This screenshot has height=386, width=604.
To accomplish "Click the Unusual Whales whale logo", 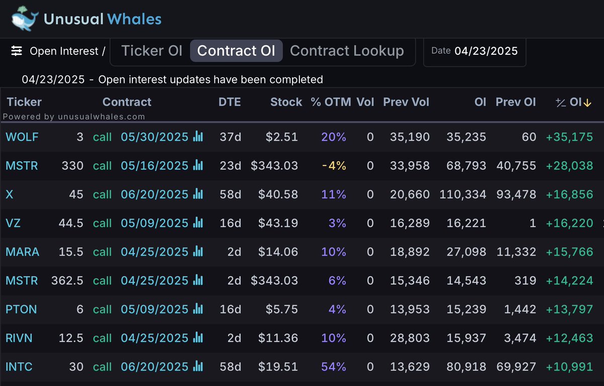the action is pyautogui.click(x=24, y=18).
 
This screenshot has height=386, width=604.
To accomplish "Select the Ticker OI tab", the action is pyautogui.click(x=152, y=51).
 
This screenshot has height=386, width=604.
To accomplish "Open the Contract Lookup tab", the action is pyautogui.click(x=347, y=51).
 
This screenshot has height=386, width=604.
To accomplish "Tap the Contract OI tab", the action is pyautogui.click(x=236, y=51).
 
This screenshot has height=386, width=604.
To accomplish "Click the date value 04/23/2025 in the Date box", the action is pyautogui.click(x=486, y=51).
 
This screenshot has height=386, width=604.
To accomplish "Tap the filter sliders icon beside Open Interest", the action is pyautogui.click(x=17, y=51).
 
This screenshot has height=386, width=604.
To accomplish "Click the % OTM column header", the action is pyautogui.click(x=331, y=102).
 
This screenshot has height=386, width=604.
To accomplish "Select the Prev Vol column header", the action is pyautogui.click(x=406, y=102).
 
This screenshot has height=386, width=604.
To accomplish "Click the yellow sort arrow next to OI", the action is pyautogui.click(x=587, y=103).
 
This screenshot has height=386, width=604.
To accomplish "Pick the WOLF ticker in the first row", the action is pyautogui.click(x=22, y=137).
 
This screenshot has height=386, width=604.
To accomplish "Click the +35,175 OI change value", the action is pyautogui.click(x=569, y=137).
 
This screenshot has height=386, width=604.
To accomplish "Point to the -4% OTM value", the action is pyautogui.click(x=334, y=166).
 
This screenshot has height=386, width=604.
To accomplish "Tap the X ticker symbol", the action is pyautogui.click(x=9, y=194).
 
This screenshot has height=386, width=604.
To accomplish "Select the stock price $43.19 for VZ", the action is pyautogui.click(x=278, y=223).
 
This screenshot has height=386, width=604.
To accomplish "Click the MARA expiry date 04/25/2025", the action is pyautogui.click(x=155, y=252).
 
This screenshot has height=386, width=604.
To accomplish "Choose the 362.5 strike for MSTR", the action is pyautogui.click(x=67, y=281).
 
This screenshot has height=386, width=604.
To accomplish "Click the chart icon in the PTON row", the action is pyautogui.click(x=198, y=309).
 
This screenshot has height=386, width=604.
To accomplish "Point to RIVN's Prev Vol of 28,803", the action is pyautogui.click(x=410, y=338).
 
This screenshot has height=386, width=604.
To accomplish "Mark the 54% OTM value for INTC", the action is pyautogui.click(x=334, y=367).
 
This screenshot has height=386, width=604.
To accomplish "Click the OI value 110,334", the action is pyautogui.click(x=463, y=194).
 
